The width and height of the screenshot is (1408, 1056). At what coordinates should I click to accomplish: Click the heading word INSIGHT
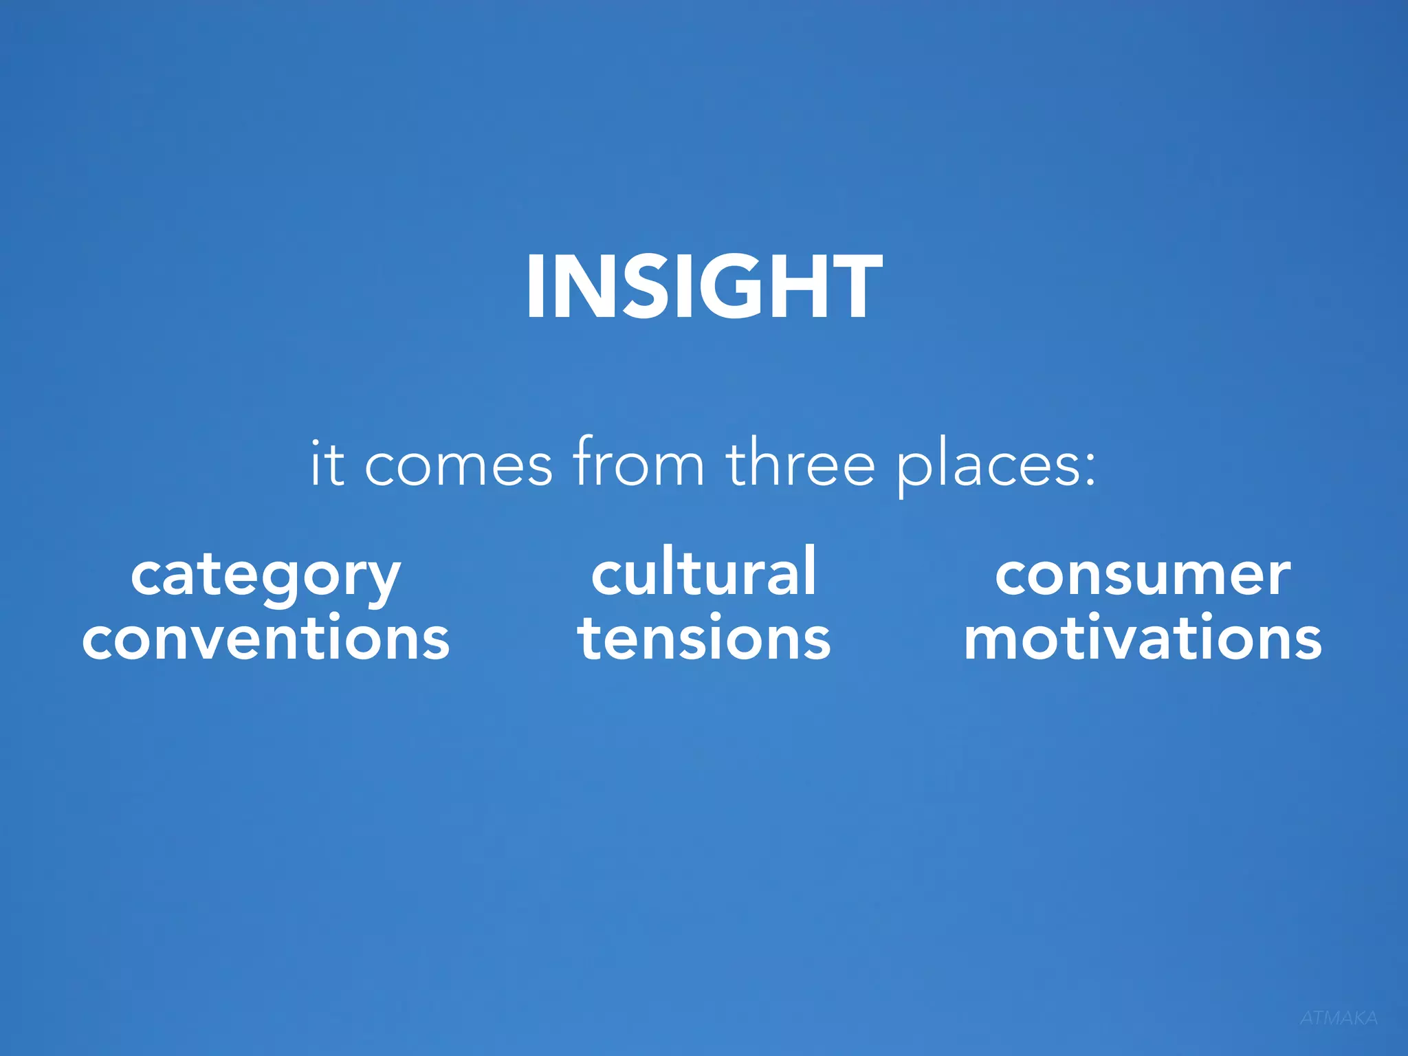click(704, 286)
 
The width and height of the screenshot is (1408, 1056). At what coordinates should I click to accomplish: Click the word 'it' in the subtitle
click(327, 465)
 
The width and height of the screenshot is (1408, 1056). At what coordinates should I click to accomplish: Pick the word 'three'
click(800, 463)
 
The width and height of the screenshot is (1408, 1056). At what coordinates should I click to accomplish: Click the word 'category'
click(265, 577)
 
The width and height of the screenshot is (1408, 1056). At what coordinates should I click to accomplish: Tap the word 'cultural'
click(704, 572)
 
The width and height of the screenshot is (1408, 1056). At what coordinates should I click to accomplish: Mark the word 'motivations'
click(1143, 638)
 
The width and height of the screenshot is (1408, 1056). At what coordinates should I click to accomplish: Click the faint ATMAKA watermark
click(1338, 1018)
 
